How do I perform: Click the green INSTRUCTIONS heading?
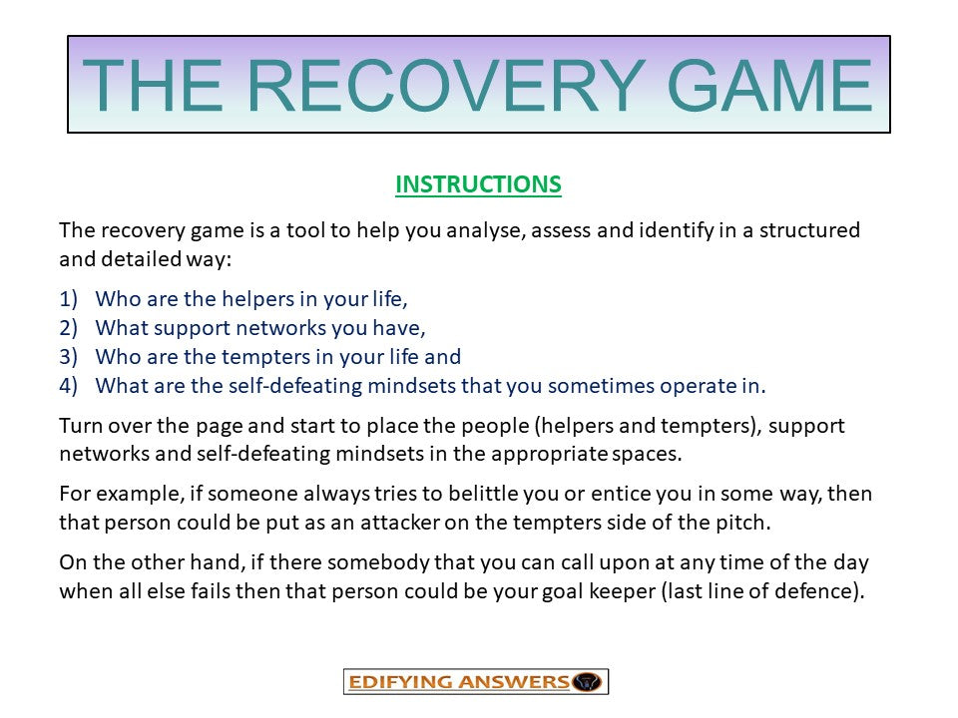(478, 184)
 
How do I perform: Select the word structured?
(809, 230)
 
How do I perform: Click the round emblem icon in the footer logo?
(589, 682)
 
